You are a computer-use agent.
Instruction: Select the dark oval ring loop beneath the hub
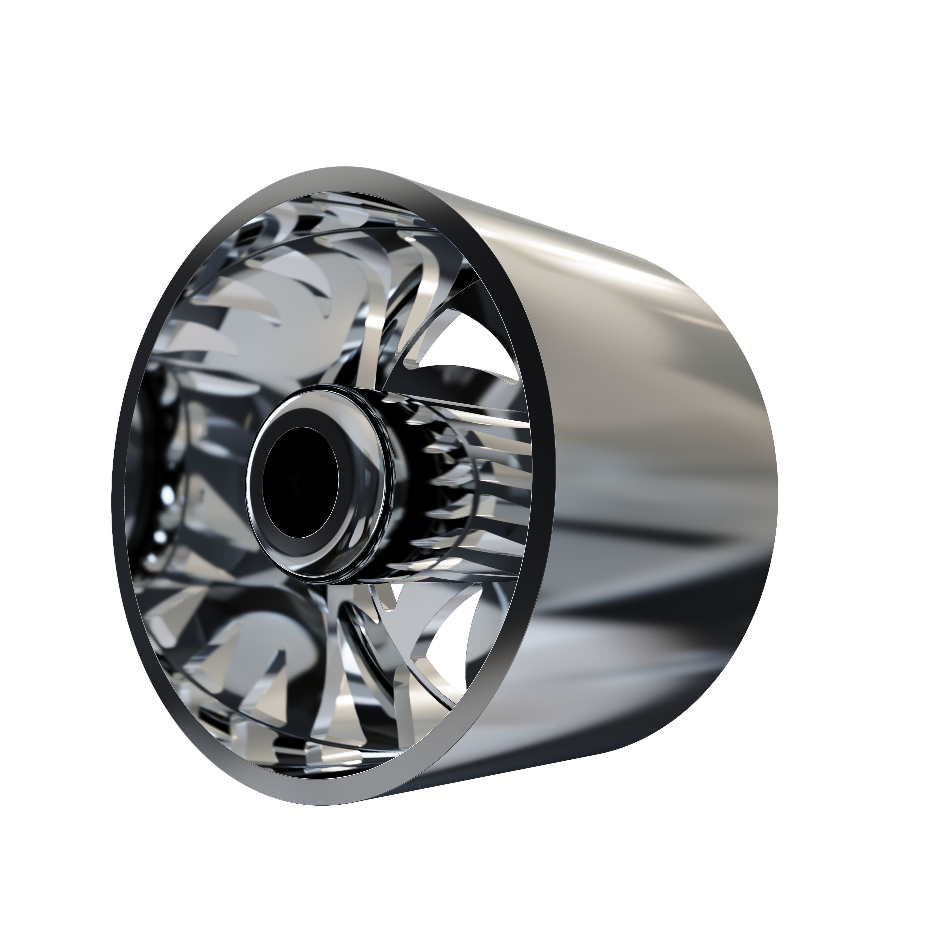(362, 635)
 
